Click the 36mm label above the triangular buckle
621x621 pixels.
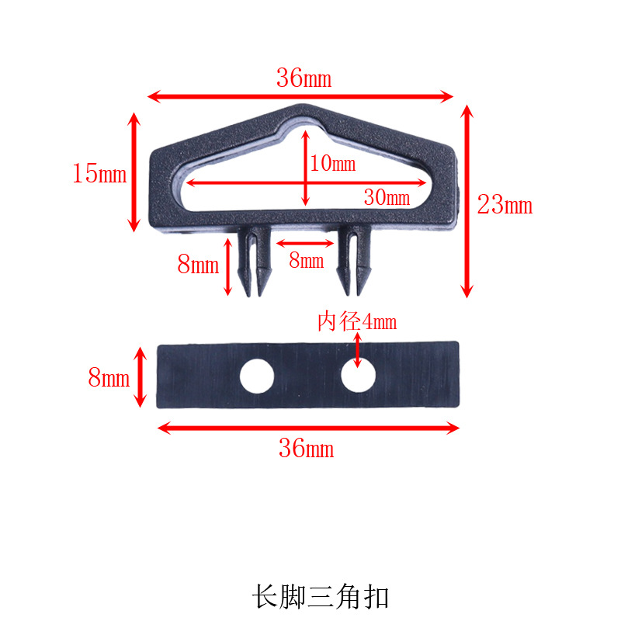[304, 78]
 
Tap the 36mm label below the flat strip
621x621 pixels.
[307, 448]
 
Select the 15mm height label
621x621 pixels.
[99, 174]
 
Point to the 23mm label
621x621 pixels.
[505, 206]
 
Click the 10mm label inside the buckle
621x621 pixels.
[332, 164]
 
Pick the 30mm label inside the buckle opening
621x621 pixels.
[387, 198]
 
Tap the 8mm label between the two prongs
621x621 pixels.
[306, 261]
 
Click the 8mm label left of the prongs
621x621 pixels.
[199, 265]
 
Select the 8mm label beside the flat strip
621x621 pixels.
[109, 379]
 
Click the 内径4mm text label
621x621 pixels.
[357, 321]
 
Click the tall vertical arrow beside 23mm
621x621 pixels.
[467, 202]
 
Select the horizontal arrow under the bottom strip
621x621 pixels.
[308, 428]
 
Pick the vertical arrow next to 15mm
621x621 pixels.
[134, 172]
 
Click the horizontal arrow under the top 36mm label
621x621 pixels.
[300, 96]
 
